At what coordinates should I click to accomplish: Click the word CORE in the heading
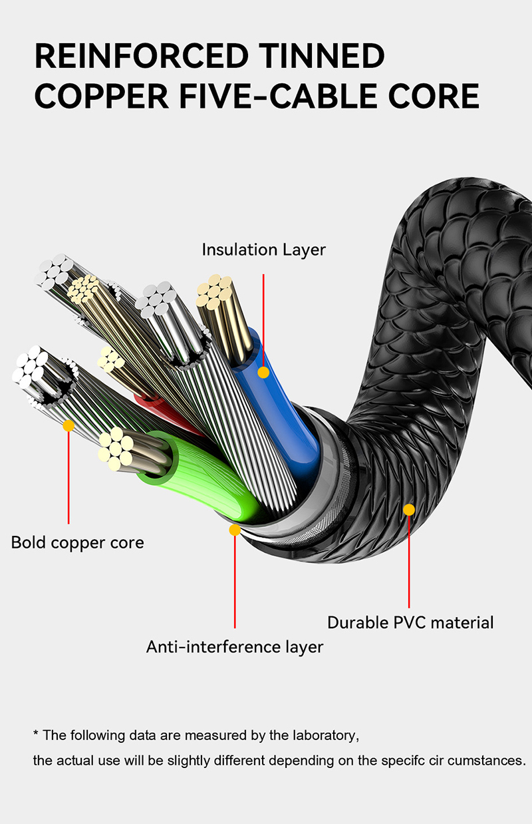click(x=429, y=97)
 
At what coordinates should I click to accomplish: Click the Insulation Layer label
click(x=263, y=250)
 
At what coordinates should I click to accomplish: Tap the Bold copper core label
click(x=77, y=542)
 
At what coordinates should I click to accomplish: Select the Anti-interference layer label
click(x=235, y=646)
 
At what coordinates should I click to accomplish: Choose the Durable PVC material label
click(x=410, y=622)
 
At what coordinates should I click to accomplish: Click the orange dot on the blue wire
click(x=263, y=372)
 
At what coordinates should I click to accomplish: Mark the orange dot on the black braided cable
click(x=409, y=510)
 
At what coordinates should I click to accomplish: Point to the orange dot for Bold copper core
click(x=68, y=425)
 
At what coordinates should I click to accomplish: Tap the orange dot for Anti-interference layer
click(x=235, y=530)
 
